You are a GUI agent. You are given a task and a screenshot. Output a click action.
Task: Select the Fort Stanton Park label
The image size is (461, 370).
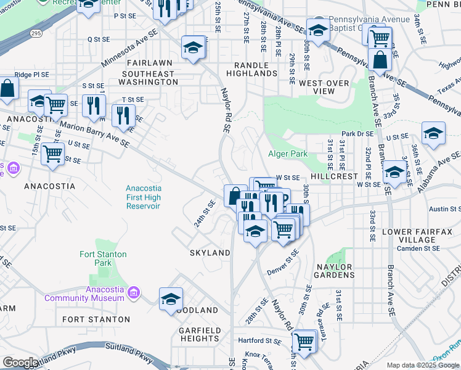point(103,258)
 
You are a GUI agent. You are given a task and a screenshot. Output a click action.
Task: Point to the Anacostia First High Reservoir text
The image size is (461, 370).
point(143,197)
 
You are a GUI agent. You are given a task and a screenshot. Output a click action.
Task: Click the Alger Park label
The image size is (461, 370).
point(287,154)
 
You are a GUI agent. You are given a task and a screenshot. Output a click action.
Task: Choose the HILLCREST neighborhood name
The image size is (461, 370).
point(334,176)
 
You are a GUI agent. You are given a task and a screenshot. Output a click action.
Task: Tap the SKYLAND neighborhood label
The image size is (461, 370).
point(210,253)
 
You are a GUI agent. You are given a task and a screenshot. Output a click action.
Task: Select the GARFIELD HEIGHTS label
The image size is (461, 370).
point(200,335)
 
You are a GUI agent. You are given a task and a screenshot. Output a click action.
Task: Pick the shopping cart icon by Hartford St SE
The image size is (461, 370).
point(304,340)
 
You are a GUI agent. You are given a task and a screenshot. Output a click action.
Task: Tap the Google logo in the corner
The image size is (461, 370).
point(20,363)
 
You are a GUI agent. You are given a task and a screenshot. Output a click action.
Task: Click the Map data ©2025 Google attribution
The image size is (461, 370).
point(423,365)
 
